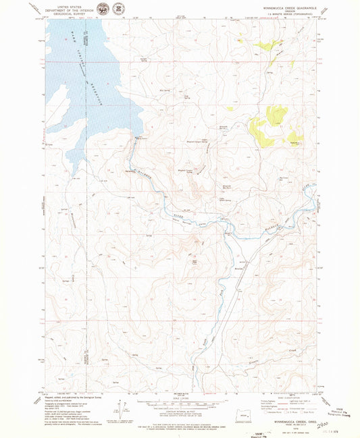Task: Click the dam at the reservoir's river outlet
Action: click(138, 138)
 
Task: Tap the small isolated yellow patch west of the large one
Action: click(230, 108)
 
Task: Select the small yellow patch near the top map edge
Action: click(240, 40)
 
